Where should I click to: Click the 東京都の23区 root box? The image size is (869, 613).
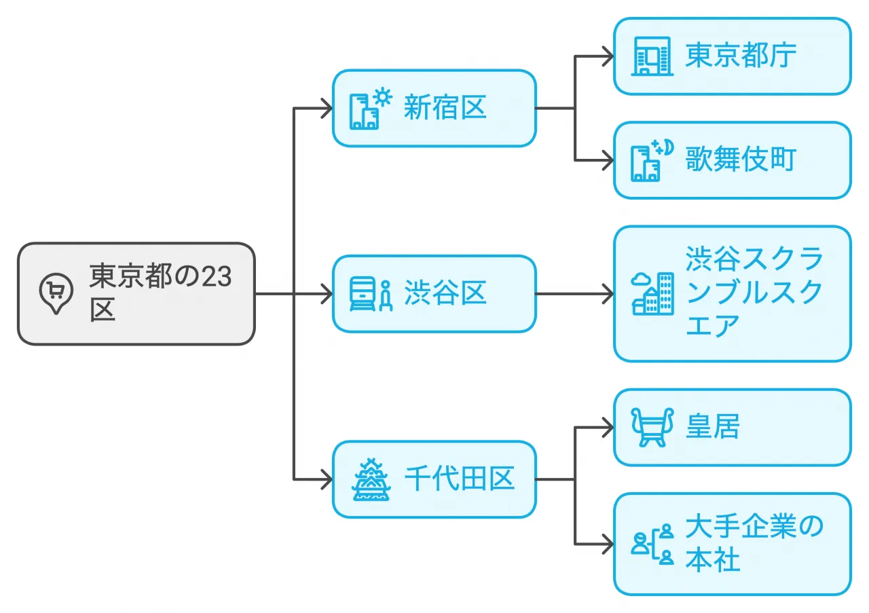click(x=136, y=293)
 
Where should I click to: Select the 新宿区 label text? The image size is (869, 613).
click(x=445, y=107)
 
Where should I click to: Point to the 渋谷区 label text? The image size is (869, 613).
click(x=445, y=293)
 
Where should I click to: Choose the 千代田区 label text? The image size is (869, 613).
click(x=459, y=479)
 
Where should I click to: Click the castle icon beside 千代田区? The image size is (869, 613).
click(x=371, y=479)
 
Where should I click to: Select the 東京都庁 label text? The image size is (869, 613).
click(x=741, y=56)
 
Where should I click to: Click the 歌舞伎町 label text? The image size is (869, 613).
click(x=741, y=160)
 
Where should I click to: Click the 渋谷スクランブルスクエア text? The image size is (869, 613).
click(x=754, y=293)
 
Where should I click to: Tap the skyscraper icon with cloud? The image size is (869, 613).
click(x=652, y=294)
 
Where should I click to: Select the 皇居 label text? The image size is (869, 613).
click(x=712, y=427)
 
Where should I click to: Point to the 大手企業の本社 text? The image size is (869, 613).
click(x=754, y=544)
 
